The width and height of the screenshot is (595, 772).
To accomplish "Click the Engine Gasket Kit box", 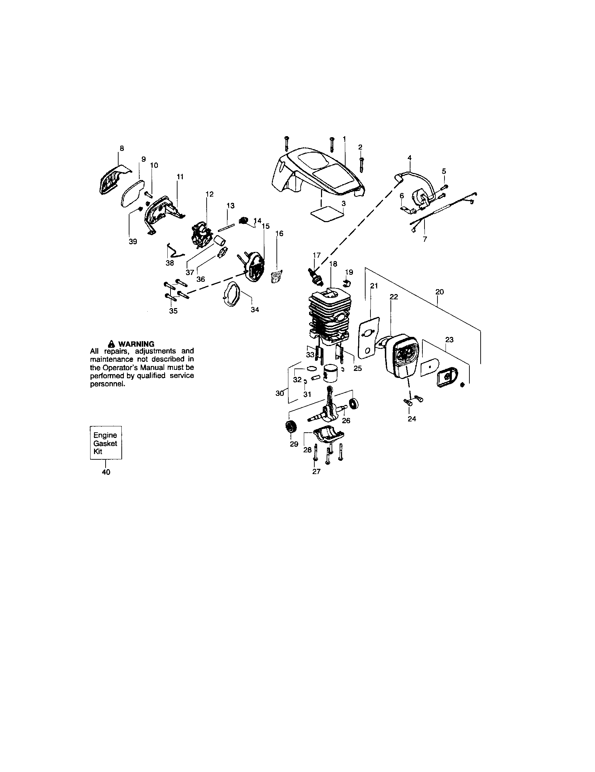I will pos(106,442).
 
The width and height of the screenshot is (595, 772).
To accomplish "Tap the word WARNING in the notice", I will pos(136,344).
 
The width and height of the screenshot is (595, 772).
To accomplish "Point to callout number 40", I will pos(106,472).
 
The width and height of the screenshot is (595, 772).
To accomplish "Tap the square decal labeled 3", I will pos(327,214).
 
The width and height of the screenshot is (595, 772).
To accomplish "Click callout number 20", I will pos(440,292).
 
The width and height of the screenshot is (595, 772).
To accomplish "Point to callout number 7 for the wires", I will pos(425,239).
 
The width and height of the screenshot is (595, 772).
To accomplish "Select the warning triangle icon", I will pos(112,344).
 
